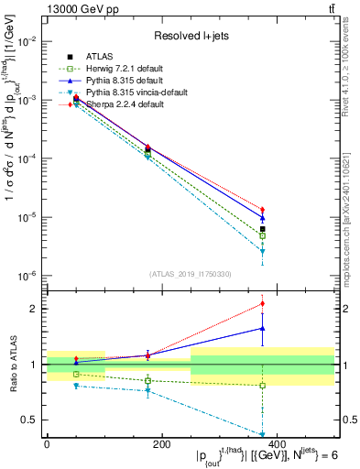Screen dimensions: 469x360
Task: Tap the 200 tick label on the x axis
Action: (x=161, y=443)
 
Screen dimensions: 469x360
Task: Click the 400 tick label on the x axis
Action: (x=276, y=443)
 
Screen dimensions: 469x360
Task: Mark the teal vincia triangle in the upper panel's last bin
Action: (x=262, y=251)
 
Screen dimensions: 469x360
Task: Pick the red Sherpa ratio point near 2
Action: (x=262, y=303)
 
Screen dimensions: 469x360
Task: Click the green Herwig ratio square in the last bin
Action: (x=262, y=385)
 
